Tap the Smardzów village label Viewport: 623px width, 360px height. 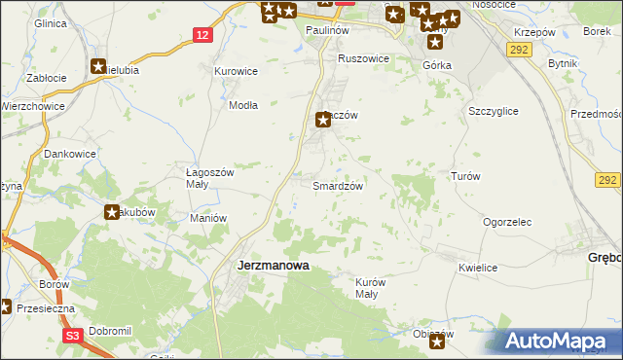click(x=338, y=185)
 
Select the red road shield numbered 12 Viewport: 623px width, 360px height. click(x=202, y=35)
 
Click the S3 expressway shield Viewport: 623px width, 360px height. click(x=73, y=336)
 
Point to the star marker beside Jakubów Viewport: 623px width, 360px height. click(x=113, y=212)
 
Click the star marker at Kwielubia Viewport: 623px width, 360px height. click(x=98, y=67)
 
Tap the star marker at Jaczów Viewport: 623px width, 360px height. click(x=323, y=121)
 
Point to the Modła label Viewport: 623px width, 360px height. click(x=242, y=106)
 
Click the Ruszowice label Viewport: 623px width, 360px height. click(x=363, y=58)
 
